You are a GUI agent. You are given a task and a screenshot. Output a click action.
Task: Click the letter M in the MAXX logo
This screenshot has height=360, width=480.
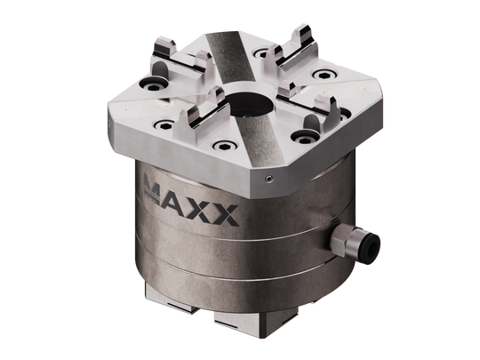click(157, 188)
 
